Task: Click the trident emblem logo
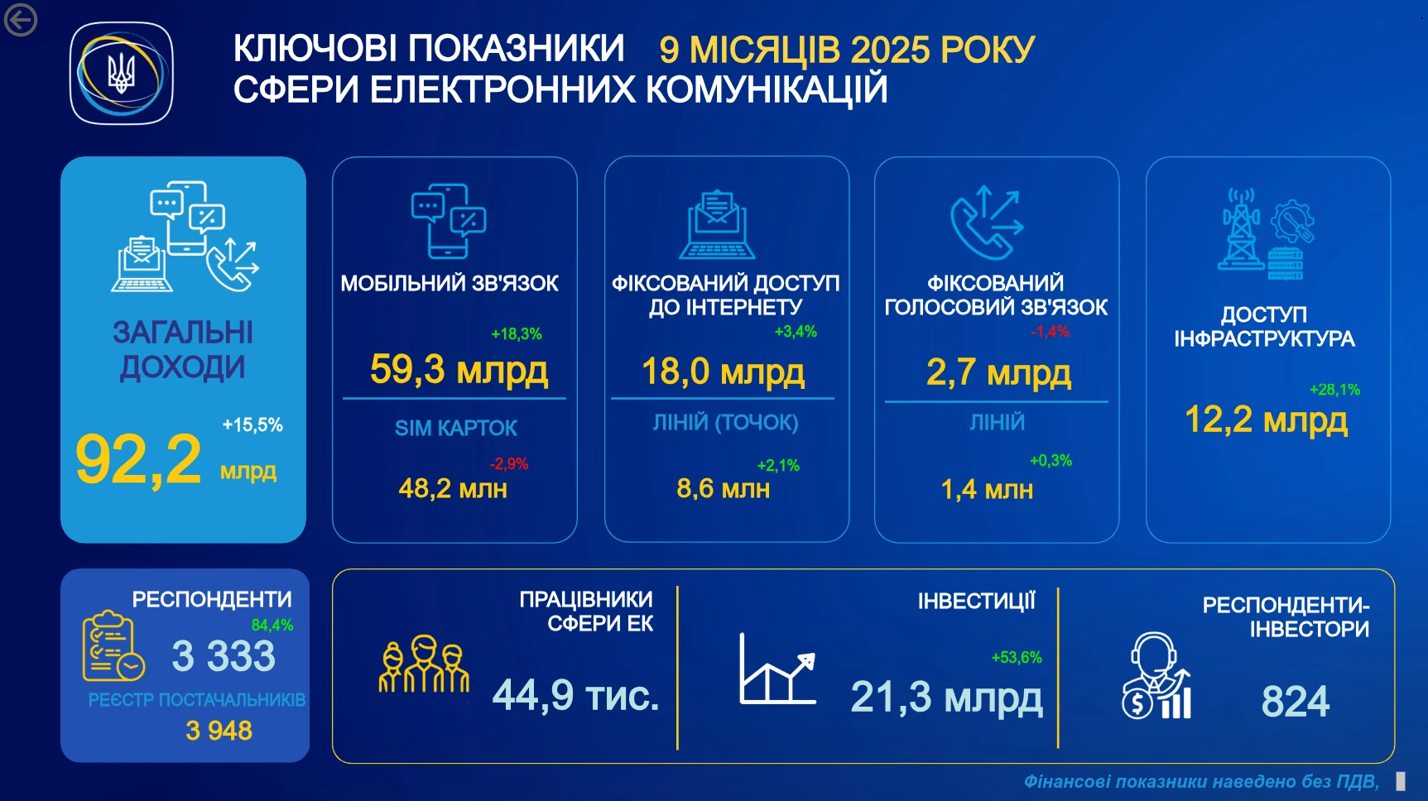(122, 74)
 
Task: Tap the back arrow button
(20, 21)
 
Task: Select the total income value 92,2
(138, 460)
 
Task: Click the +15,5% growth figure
(252, 425)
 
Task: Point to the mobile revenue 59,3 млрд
(459, 370)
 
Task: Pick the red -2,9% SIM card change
(508, 464)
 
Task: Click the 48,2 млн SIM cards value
(453, 489)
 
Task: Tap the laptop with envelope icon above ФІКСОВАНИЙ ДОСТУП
(717, 225)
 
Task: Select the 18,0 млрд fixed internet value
(723, 372)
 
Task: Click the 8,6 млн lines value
(723, 489)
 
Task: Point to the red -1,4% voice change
(1050, 332)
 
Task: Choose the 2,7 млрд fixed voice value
(998, 373)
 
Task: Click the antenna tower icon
(1242, 229)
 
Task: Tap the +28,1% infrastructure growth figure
(1334, 390)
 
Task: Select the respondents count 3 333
(224, 656)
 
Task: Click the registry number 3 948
(219, 731)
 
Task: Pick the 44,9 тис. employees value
(576, 695)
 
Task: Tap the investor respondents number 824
(1296, 702)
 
